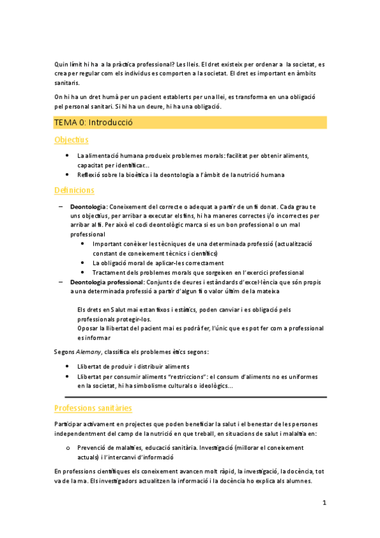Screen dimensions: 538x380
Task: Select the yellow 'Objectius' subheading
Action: pyautogui.click(x=71, y=140)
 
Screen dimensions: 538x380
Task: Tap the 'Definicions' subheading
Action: pyautogui.click(x=74, y=190)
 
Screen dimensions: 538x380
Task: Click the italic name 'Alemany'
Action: pyautogui.click(x=88, y=351)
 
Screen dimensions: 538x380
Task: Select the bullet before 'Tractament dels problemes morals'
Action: pyautogui.click(x=84, y=272)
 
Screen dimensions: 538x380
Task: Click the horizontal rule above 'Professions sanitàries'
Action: pyautogui.click(x=190, y=397)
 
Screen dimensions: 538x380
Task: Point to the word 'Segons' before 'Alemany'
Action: pyautogui.click(x=65, y=351)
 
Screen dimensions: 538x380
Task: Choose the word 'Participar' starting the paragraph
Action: pyautogui.click(x=69, y=423)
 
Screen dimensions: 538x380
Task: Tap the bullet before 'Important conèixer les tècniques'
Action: pyautogui.click(x=84, y=244)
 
